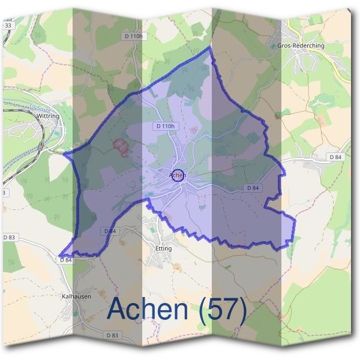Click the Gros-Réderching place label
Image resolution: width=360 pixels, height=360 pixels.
[x=301, y=46]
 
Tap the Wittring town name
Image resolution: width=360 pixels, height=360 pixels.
[x=48, y=115]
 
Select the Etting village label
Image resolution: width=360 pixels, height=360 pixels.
[x=163, y=248]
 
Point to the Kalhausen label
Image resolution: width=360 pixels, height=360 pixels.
[x=76, y=296]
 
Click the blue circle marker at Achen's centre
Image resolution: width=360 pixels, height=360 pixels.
[x=178, y=175]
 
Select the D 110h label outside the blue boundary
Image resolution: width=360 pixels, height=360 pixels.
[x=133, y=36]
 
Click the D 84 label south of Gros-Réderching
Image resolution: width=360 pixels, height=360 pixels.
[x=335, y=157]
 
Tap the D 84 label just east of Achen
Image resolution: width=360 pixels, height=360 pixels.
[x=253, y=188]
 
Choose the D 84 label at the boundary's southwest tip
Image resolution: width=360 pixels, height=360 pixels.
[x=66, y=260]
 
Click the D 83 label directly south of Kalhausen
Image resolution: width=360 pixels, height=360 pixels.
[x=112, y=335]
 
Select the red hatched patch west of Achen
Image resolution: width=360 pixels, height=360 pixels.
[x=121, y=146]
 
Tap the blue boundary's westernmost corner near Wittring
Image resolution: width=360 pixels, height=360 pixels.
[x=64, y=154]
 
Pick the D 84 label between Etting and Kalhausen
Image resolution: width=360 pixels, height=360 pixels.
[x=109, y=231]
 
